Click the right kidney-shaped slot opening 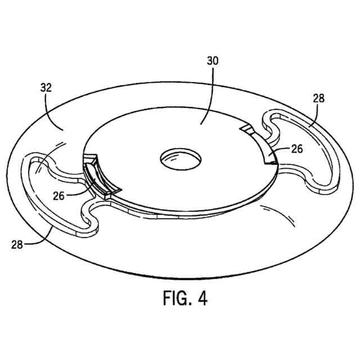tap(307, 149)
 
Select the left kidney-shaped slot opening tap(53, 191)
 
